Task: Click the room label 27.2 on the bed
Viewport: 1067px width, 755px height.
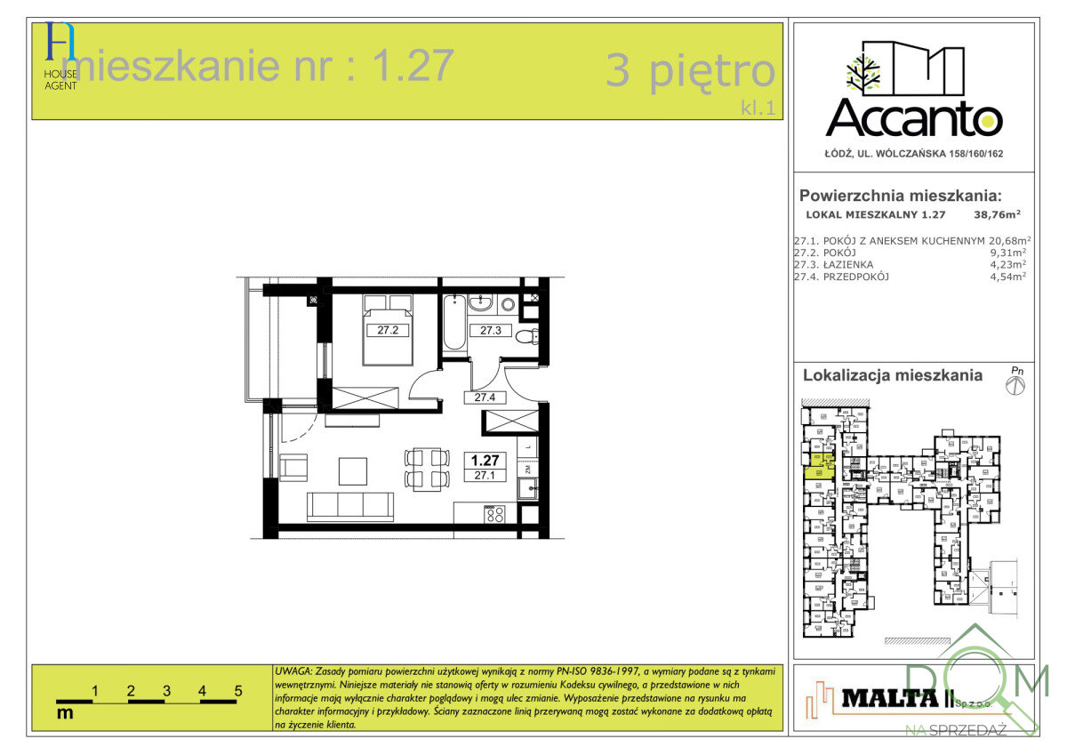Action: (387, 330)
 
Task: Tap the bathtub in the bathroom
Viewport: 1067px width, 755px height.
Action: (453, 325)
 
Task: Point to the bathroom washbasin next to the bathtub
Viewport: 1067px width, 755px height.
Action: (481, 304)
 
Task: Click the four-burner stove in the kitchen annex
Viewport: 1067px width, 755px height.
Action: (494, 514)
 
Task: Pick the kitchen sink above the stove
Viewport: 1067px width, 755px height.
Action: (528, 487)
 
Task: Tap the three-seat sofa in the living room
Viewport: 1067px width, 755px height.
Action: (350, 505)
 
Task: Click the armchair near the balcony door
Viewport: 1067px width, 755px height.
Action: (293, 468)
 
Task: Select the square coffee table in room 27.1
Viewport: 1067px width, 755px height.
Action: (352, 470)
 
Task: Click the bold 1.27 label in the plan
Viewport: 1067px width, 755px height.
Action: (485, 460)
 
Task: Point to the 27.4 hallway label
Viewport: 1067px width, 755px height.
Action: (485, 398)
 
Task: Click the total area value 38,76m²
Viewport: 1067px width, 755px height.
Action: (997, 214)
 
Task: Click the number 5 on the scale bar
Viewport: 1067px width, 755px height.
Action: (238, 690)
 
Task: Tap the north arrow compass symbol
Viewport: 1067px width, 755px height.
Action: (1015, 383)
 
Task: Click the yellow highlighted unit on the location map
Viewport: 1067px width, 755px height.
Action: (818, 466)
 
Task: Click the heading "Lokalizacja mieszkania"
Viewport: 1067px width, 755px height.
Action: (893, 375)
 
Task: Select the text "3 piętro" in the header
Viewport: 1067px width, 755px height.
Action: (690, 70)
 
